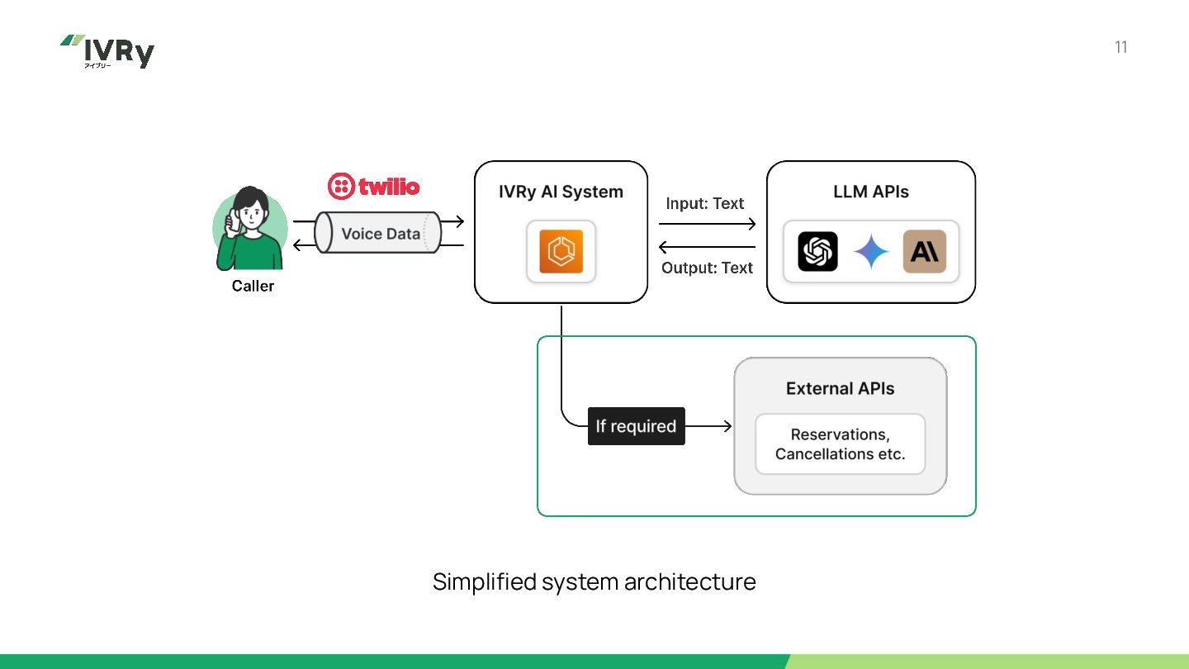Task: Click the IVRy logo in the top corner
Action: coord(107,51)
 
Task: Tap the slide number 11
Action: coord(1120,47)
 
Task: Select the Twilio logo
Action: coord(374,187)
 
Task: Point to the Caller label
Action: coord(253,286)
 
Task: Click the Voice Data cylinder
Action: coord(378,233)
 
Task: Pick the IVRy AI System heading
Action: coord(561,191)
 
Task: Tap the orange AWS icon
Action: coord(561,251)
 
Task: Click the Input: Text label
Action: coord(704,203)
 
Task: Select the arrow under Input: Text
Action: coord(707,224)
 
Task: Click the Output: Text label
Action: coord(707,268)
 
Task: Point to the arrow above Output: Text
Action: coord(707,247)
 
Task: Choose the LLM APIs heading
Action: coord(870,191)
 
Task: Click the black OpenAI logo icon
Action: coord(817,251)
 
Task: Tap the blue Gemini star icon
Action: coord(871,251)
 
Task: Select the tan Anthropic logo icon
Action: coord(924,251)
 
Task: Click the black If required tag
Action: coord(636,426)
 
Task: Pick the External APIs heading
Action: coord(840,388)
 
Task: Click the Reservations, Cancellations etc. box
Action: coord(841,444)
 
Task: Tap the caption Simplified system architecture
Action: coord(594,581)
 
